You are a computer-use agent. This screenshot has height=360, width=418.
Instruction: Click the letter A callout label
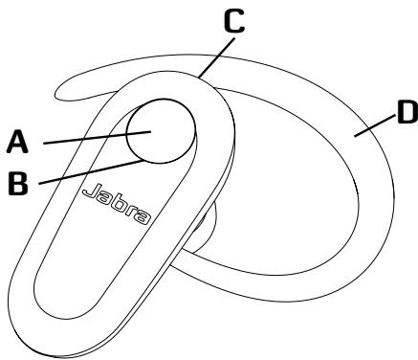[x=18, y=143]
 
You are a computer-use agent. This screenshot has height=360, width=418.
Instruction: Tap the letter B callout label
[x=18, y=183]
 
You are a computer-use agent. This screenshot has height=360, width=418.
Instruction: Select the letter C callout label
[x=234, y=21]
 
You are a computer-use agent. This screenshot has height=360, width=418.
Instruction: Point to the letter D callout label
[x=407, y=112]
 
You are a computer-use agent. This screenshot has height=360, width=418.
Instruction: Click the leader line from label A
[x=98, y=137]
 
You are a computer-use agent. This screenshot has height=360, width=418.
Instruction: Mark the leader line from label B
[x=92, y=172]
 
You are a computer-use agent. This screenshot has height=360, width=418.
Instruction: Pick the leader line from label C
[x=216, y=57]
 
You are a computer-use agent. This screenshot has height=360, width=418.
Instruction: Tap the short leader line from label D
[x=374, y=125]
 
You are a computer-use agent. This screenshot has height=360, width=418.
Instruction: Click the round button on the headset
[x=161, y=131]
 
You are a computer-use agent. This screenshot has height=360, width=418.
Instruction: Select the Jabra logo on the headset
[x=117, y=204]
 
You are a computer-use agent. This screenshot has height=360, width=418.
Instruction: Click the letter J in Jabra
[x=91, y=191]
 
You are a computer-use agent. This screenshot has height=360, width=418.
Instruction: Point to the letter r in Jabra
[x=131, y=212]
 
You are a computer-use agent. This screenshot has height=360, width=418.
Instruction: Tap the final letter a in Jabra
[x=143, y=218]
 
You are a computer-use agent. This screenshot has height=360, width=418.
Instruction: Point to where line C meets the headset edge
[x=199, y=78]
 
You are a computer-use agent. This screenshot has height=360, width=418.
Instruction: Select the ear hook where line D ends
[x=355, y=136]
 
